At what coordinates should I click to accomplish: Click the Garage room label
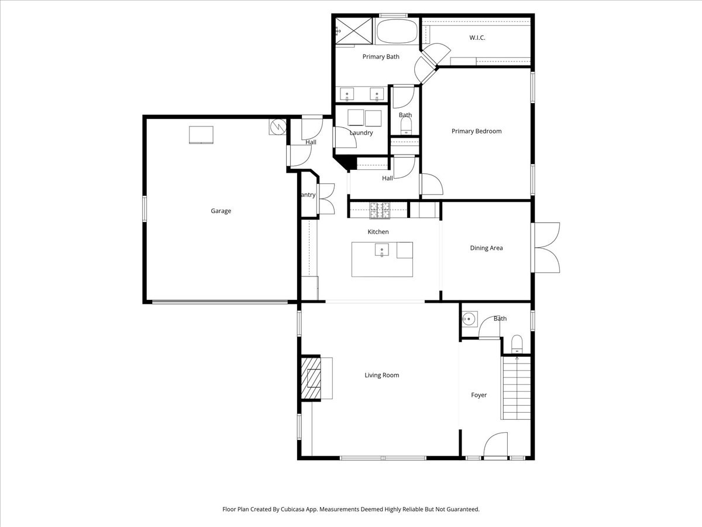click(221, 211)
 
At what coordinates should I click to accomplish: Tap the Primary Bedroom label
click(476, 131)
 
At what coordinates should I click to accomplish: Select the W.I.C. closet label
click(477, 37)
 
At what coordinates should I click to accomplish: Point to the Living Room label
click(381, 375)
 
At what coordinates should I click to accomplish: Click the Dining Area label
click(486, 248)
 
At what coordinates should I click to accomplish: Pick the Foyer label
click(479, 395)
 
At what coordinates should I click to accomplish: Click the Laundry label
click(361, 133)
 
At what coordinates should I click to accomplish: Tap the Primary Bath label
click(381, 57)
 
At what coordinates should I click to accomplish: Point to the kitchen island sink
click(381, 252)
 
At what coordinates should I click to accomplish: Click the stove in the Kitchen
click(380, 210)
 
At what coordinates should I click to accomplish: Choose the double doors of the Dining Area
click(546, 248)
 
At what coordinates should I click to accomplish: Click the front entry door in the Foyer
click(495, 446)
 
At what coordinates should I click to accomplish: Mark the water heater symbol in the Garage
click(277, 127)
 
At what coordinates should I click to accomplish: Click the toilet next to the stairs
click(517, 344)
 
